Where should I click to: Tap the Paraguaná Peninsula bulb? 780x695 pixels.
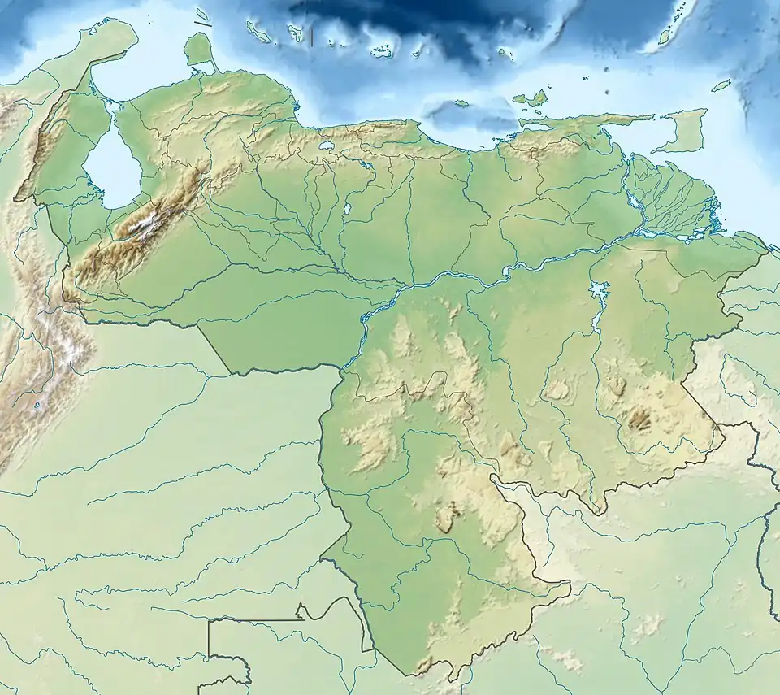pyautogui.click(x=197, y=49)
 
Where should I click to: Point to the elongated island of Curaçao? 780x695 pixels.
pyautogui.click(x=259, y=33)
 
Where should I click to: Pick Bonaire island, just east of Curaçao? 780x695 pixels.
pyautogui.click(x=297, y=34)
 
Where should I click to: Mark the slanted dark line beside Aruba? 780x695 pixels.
pyautogui.click(x=202, y=25)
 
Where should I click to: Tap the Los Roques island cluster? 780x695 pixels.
pyautogui.click(x=380, y=52)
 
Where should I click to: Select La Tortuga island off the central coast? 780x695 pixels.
pyautogui.click(x=461, y=103)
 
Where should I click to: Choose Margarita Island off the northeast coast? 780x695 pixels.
pyautogui.click(x=530, y=99)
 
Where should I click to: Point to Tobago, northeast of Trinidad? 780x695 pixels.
pyautogui.click(x=721, y=85)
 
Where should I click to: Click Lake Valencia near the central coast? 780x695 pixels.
pyautogui.click(x=328, y=146)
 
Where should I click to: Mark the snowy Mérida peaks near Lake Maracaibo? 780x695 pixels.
pyautogui.click(x=147, y=224)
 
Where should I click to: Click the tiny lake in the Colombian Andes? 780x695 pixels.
pyautogui.click(x=37, y=405)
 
